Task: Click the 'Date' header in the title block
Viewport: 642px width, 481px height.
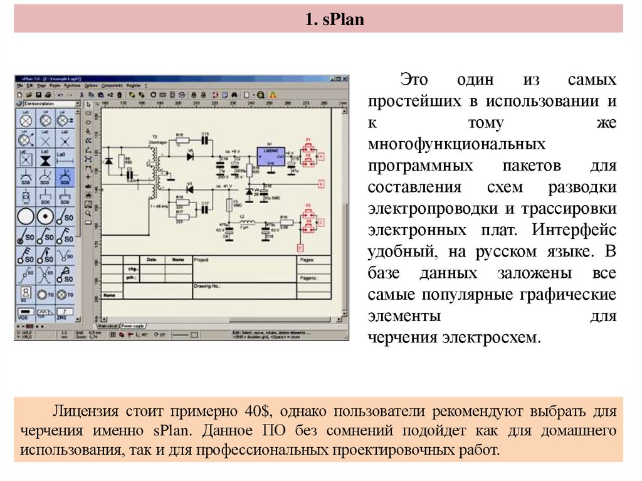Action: tap(151, 259)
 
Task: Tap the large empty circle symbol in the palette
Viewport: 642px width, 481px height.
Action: tap(25, 217)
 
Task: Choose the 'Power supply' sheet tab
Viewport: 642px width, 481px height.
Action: tap(134, 325)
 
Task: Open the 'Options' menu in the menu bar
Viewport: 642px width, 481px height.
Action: tap(91, 85)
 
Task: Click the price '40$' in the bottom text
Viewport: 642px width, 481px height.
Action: tap(256, 412)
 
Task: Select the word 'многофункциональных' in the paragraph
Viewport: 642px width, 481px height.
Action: tap(456, 145)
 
